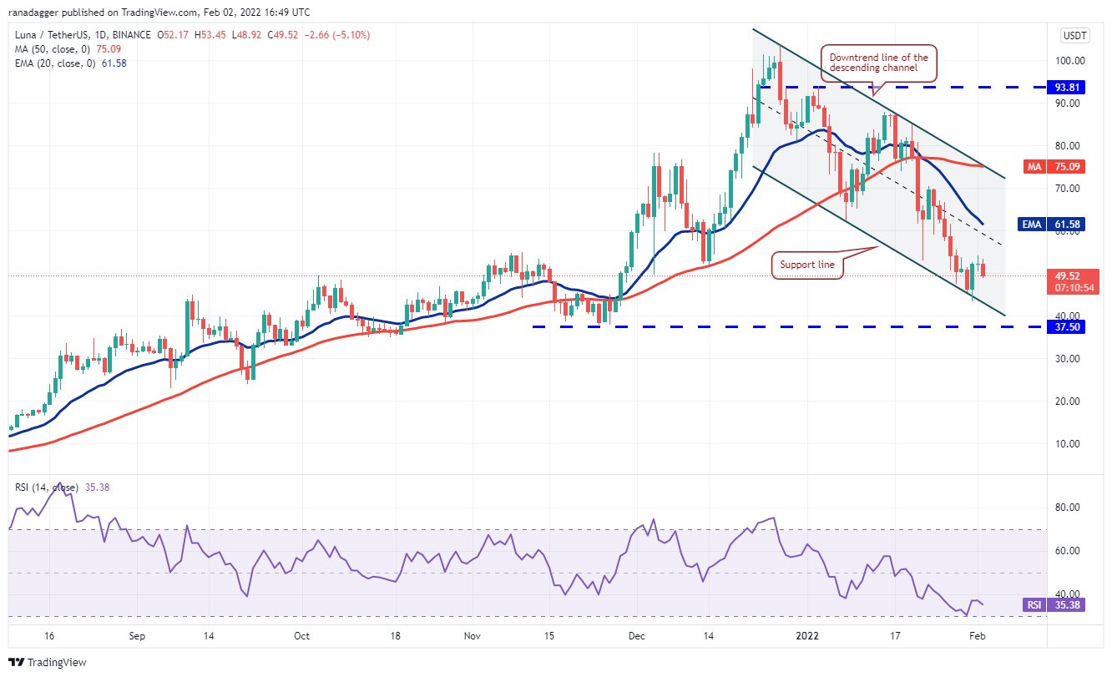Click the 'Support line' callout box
tap(806, 265)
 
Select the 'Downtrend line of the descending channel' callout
tap(879, 63)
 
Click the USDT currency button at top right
tap(1073, 35)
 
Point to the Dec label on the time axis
tap(637, 635)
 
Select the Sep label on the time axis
tap(138, 635)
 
